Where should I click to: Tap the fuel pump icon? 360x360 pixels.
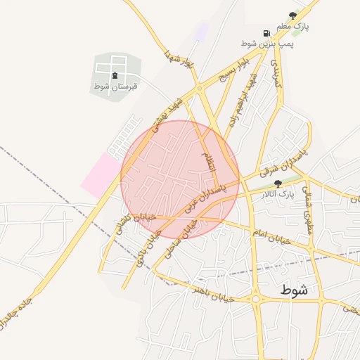[266, 33]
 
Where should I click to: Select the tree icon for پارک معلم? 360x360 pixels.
[292, 15]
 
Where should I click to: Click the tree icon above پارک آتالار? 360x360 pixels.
[278, 183]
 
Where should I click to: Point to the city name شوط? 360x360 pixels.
[293, 290]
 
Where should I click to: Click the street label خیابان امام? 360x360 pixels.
[270, 236]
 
